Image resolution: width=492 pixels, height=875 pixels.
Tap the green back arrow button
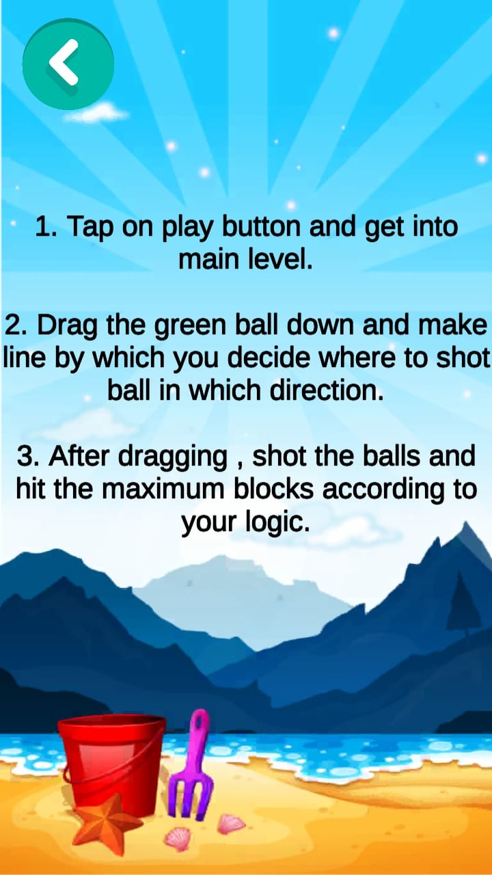(68, 64)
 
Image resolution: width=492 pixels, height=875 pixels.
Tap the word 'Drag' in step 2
(67, 326)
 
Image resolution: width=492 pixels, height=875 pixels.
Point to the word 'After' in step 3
(78, 455)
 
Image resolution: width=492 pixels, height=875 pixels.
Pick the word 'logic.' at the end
(277, 522)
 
